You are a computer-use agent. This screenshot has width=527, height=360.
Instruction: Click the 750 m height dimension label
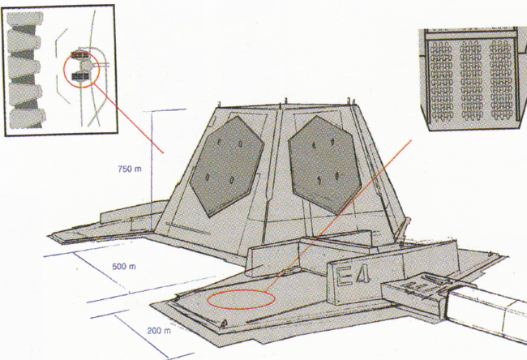click(130, 169)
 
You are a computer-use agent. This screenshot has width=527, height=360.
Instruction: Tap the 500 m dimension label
click(124, 267)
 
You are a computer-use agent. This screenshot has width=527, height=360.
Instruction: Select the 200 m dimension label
click(159, 331)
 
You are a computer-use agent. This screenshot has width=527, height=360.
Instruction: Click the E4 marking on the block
click(353, 276)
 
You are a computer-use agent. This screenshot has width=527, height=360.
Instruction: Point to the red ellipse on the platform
click(241, 299)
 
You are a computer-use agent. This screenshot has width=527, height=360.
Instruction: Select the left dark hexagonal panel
click(227, 166)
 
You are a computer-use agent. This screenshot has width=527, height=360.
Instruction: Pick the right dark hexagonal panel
click(324, 165)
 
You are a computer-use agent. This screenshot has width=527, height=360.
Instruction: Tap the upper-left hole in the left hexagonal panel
click(219, 142)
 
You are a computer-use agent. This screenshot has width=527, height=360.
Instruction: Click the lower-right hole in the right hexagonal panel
click(337, 175)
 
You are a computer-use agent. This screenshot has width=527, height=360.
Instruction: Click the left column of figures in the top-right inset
click(441, 81)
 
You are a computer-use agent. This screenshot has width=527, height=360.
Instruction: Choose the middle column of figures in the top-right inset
click(470, 80)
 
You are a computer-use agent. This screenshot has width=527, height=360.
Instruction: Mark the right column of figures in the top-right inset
click(500, 80)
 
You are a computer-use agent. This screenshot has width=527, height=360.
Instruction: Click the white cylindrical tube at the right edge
click(487, 311)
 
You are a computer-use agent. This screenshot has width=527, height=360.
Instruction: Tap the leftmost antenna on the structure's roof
click(219, 105)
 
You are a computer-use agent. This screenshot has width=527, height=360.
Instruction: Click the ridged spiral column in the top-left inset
click(26, 70)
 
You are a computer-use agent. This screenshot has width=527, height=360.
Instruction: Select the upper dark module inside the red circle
click(80, 55)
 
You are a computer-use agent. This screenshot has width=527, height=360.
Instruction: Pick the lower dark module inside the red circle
click(81, 77)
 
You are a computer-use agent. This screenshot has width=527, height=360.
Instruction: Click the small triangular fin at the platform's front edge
click(223, 323)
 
